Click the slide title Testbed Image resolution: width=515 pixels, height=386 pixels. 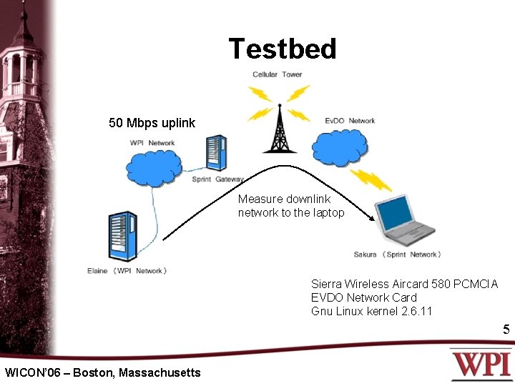pyautogui.click(x=283, y=49)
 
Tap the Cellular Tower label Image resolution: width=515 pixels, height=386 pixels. pyautogui.click(x=277, y=74)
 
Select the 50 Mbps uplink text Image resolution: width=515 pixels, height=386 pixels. pyautogui.click(x=152, y=123)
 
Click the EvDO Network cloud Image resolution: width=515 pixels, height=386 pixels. pyautogui.click(x=340, y=146)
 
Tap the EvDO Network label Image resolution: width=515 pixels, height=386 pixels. pyautogui.click(x=350, y=121)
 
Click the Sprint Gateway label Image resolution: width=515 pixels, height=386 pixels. pyautogui.click(x=218, y=179)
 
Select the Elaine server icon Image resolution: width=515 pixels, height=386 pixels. pyautogui.click(x=122, y=237)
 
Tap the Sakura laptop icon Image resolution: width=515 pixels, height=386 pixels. pyautogui.click(x=405, y=221)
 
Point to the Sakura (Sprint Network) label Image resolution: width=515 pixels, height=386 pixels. pyautogui.click(x=397, y=254)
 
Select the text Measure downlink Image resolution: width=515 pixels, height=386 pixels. pyautogui.click(x=284, y=199)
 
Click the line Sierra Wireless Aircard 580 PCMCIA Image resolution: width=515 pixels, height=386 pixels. pyautogui.click(x=404, y=284)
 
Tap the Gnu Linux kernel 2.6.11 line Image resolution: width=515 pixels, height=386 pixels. pyautogui.click(x=371, y=311)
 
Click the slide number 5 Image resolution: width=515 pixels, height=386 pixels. pyautogui.click(x=506, y=330)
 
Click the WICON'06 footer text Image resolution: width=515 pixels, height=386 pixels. pyautogui.click(x=102, y=372)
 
